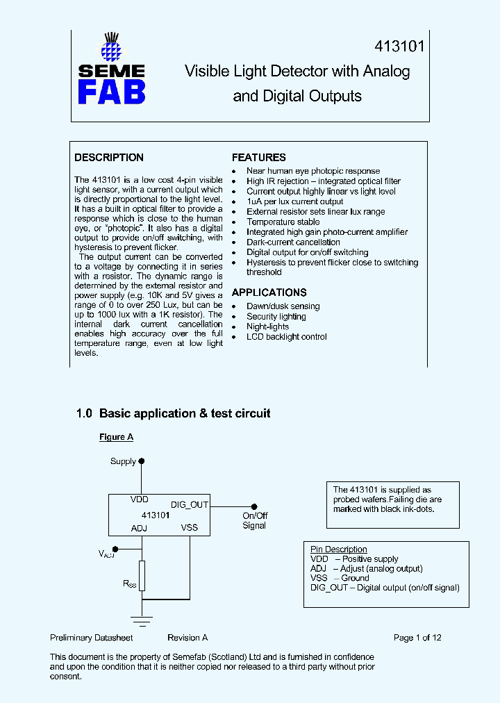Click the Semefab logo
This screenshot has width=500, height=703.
pyautogui.click(x=111, y=69)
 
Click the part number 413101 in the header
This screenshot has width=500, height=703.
pyautogui.click(x=399, y=47)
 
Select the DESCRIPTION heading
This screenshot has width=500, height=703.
pyautogui.click(x=109, y=158)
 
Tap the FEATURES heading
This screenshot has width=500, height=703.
pyautogui.click(x=259, y=158)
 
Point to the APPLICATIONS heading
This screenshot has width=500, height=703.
pyautogui.click(x=269, y=292)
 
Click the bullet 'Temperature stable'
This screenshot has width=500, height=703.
pyautogui.click(x=283, y=222)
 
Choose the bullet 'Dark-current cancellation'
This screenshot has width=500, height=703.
pyautogui.click(x=293, y=242)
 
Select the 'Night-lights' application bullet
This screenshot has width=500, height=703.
pyautogui.click(x=267, y=326)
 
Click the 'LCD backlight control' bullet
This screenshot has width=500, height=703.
pyautogui.click(x=287, y=337)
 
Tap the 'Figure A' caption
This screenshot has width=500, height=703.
pyautogui.click(x=116, y=437)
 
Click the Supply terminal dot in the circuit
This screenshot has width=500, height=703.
pyautogui.click(x=142, y=461)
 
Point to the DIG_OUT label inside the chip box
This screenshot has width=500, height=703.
pyautogui.click(x=190, y=505)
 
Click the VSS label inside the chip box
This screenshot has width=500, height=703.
pyautogui.click(x=190, y=527)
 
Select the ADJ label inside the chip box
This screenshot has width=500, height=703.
pyautogui.click(x=140, y=528)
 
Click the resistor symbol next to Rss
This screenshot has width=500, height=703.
pyautogui.click(x=142, y=576)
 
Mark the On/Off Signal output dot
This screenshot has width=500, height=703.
pyautogui.click(x=254, y=506)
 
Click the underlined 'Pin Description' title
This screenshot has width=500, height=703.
pyautogui.click(x=339, y=549)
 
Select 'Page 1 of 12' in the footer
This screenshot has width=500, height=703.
pyautogui.click(x=417, y=638)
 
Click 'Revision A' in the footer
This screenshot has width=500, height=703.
pyautogui.click(x=187, y=638)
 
